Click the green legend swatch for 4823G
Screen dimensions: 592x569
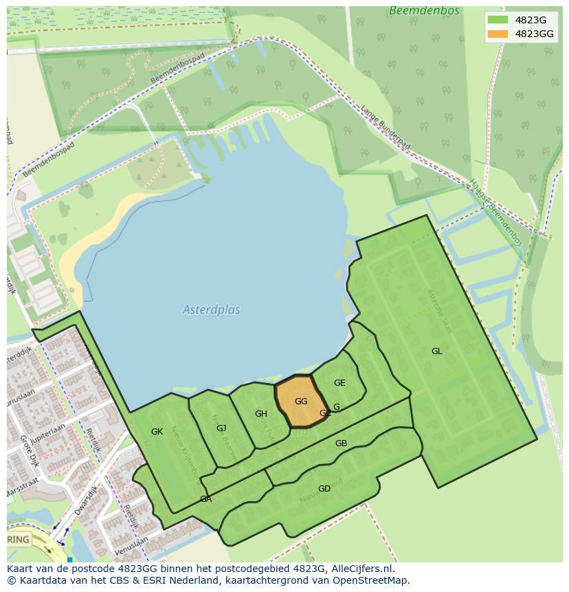pos(498,20)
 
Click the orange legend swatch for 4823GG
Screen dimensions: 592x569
pos(498,34)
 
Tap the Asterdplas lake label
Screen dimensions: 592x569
pos(212,310)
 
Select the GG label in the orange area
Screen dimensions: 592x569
pos(301,402)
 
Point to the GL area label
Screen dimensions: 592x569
pos(437,351)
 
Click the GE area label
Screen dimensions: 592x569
pos(339,383)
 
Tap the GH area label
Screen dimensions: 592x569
pos(261,414)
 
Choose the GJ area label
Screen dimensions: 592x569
pos(221,428)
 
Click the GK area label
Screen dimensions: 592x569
pos(157,432)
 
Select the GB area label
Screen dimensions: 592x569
pos(341,443)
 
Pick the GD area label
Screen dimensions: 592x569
pos(324,489)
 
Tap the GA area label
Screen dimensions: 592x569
pos(205,499)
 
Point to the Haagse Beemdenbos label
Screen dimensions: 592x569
pos(496,212)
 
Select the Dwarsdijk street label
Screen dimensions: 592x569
pos(87,501)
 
